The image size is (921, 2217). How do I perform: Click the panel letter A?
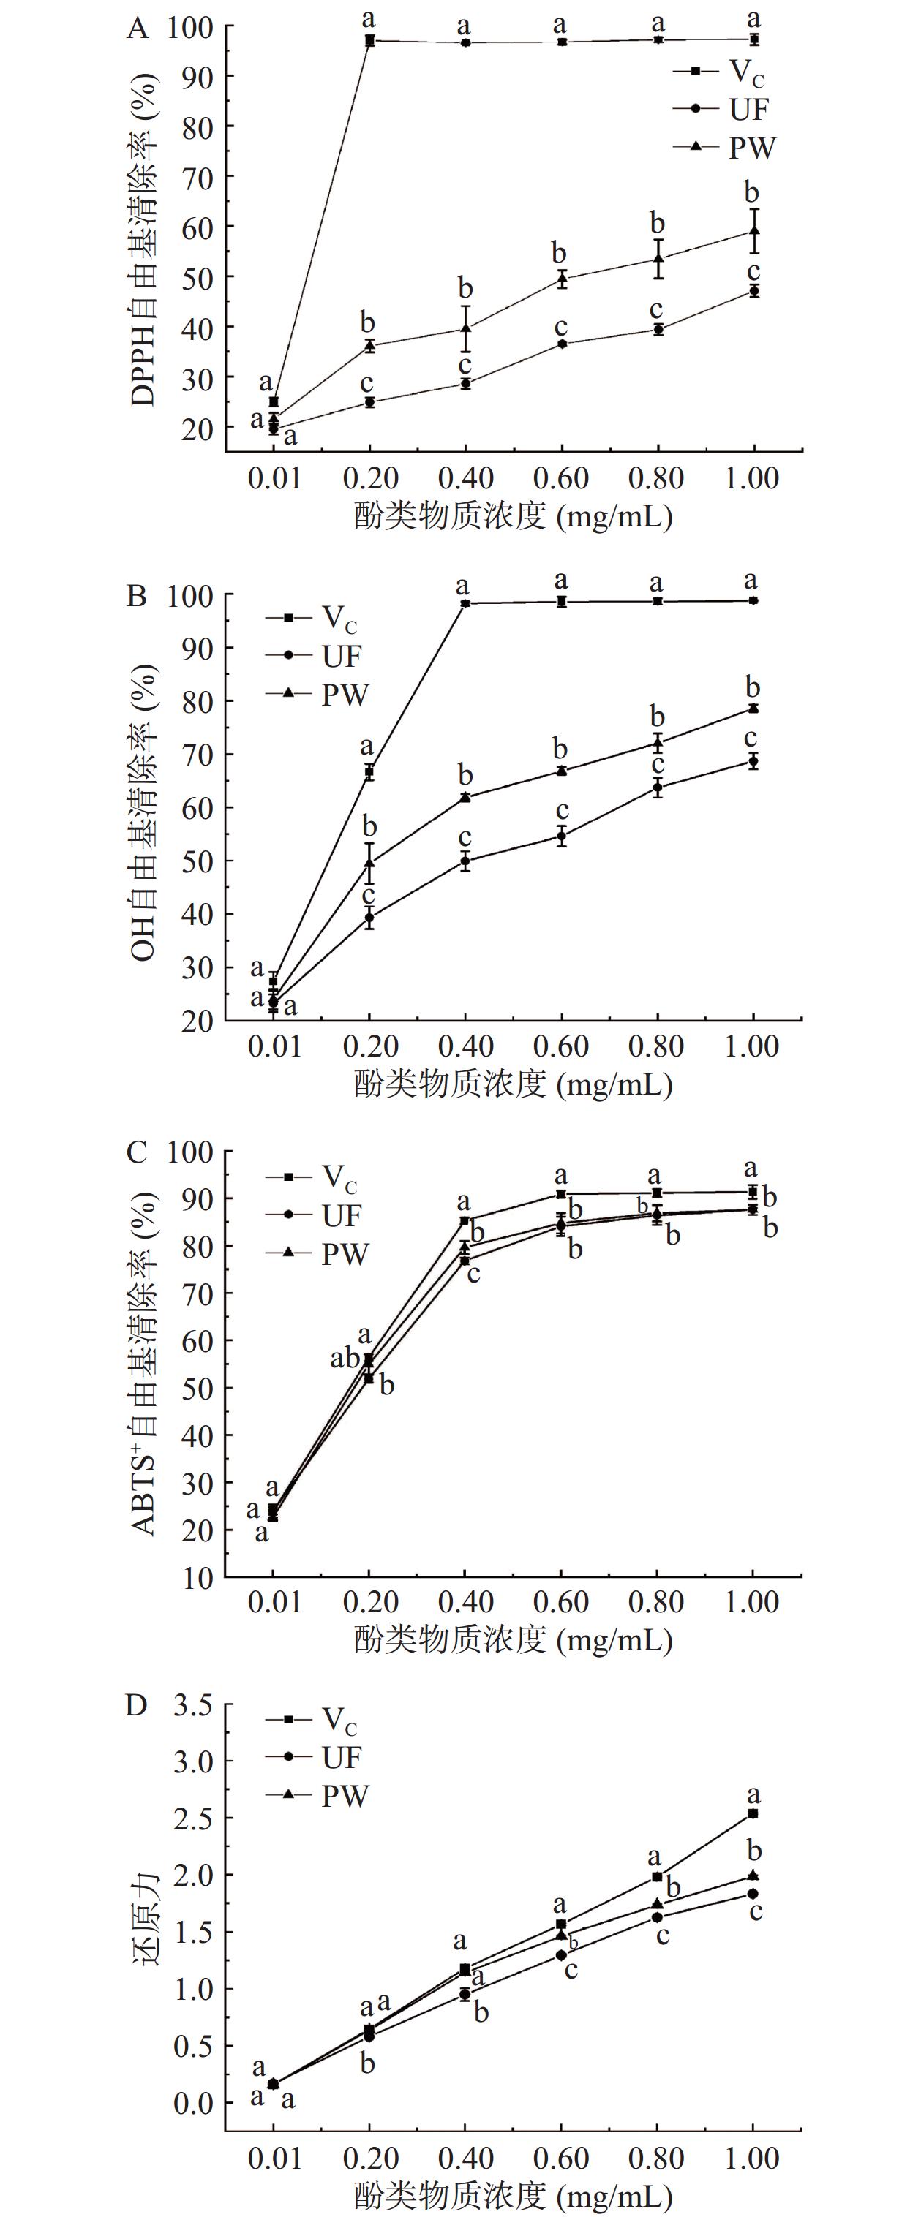point(138,29)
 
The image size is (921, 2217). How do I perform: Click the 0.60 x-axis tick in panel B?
point(561,1046)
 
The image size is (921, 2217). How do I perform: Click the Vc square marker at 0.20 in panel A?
point(370,40)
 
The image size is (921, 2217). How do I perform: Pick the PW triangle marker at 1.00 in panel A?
point(754,230)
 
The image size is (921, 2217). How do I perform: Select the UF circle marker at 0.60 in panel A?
point(562,344)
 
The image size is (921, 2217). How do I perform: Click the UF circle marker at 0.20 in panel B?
point(370,918)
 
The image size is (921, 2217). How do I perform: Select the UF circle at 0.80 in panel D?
point(658,1917)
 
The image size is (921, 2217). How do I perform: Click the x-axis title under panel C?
point(513,1639)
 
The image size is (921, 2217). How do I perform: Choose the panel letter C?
point(137,1152)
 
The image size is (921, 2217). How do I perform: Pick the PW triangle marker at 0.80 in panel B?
point(658,742)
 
